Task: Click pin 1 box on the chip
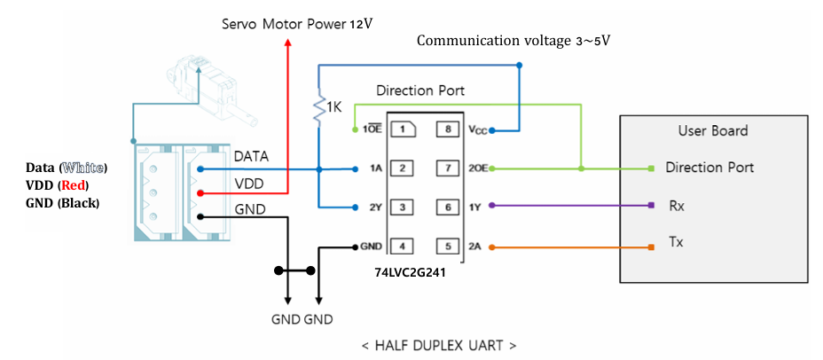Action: [x=402, y=129]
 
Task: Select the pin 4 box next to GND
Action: [x=402, y=246]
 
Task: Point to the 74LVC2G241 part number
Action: [x=409, y=273]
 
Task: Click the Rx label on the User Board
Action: [x=677, y=205]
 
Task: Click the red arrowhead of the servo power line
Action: [x=287, y=43]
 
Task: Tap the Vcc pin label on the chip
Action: [x=475, y=130]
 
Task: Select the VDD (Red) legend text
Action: [x=51, y=185]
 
